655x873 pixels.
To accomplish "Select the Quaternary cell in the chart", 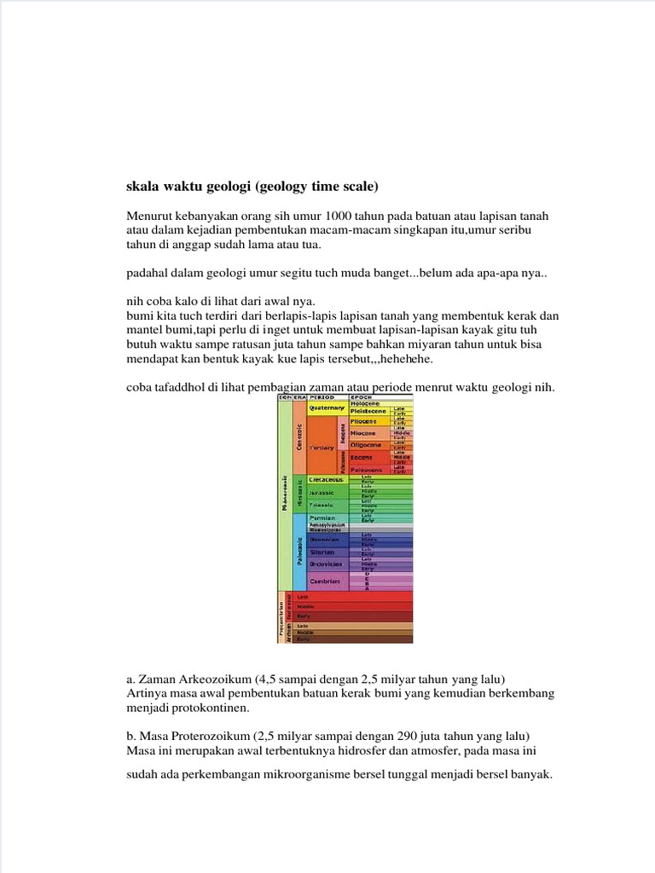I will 327,408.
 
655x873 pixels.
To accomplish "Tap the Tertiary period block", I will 322,447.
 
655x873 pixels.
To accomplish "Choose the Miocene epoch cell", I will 366,432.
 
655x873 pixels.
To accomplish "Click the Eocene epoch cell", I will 365,457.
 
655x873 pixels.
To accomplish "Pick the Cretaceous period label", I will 327,480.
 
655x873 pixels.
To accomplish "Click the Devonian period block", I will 325,539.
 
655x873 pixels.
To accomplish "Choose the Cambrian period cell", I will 325,581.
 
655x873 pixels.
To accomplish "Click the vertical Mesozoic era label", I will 299,494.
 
